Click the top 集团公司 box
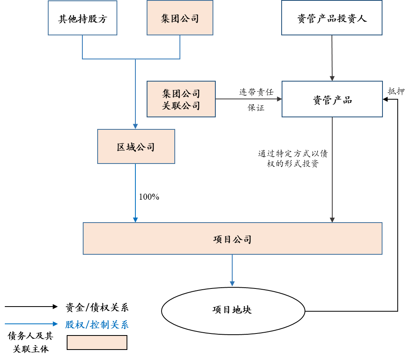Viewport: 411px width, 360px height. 180,18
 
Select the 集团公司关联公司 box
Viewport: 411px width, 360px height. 181,99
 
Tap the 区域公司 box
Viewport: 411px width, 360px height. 136,147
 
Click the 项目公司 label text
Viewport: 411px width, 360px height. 232,239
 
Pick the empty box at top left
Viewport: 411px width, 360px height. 82,18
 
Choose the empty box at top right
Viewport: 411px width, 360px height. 331,18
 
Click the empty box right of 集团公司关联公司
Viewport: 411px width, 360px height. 332,99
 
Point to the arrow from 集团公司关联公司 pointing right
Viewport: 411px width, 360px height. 247,99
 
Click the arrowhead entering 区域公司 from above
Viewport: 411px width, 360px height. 135,127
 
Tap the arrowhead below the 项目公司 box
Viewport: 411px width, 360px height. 232,284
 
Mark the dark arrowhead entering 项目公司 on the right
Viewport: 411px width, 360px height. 332,220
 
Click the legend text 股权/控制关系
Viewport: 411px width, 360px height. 97,325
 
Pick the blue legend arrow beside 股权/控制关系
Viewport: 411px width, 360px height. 31,324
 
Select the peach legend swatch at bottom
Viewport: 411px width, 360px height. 97,342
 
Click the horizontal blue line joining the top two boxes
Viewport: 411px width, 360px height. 131,59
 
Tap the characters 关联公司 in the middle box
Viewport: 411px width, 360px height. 181,106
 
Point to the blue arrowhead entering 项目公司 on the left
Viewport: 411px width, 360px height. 135,220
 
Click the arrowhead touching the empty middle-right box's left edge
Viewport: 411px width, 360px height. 279,99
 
